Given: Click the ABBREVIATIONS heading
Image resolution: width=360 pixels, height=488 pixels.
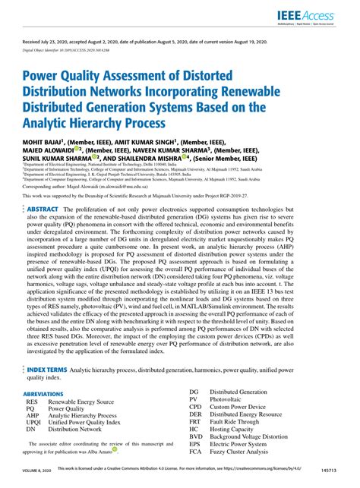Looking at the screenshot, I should tap(44, 395).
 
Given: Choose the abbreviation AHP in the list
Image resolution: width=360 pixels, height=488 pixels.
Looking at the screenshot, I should tap(33, 417).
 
